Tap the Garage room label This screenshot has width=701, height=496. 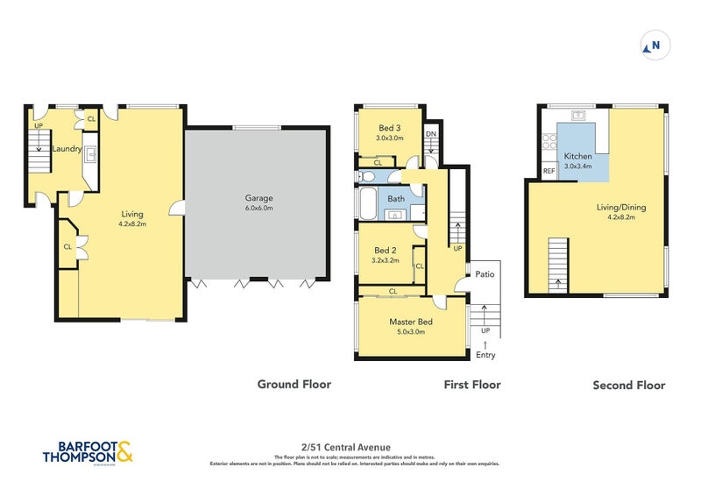(258, 198)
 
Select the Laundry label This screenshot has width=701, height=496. (67, 149)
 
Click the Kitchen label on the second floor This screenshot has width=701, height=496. (578, 156)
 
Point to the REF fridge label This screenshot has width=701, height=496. (549, 171)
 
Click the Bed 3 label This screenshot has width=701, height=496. (390, 128)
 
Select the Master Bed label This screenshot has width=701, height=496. (411, 322)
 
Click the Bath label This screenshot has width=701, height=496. (396, 199)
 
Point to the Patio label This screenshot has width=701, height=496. (485, 274)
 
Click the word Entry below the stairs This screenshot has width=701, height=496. (485, 355)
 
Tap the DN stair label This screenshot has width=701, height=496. (430, 134)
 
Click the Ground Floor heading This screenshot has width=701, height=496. (294, 384)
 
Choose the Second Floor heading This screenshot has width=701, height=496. (628, 385)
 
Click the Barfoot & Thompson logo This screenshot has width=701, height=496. (89, 451)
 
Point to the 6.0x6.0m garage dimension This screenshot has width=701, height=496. (258, 209)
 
